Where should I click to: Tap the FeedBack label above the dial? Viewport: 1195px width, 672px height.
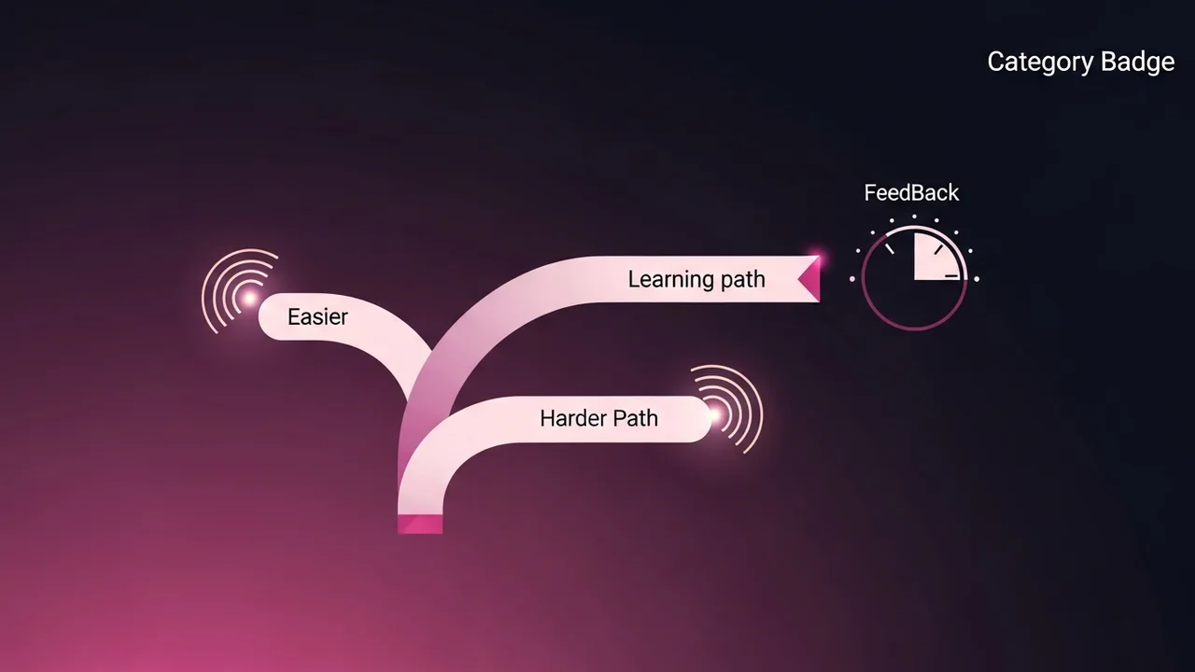tap(911, 193)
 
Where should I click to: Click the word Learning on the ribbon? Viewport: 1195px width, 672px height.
tap(668, 279)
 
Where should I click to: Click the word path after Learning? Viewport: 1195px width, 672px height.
tap(743, 279)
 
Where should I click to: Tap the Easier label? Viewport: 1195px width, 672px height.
tap(317, 317)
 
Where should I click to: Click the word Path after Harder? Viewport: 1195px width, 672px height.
tap(636, 418)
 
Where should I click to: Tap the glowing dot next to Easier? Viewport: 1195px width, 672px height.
tap(250, 298)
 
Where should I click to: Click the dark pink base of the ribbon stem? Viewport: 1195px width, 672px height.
tap(420, 524)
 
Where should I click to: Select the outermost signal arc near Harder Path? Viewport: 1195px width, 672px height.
tap(758, 411)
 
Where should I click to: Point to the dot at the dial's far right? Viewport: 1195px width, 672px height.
tap(977, 279)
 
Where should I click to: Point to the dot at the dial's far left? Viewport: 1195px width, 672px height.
tap(852, 278)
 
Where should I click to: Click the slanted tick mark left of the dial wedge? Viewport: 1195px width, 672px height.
tap(890, 249)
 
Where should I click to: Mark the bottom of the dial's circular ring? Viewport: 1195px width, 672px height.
tap(914, 329)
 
